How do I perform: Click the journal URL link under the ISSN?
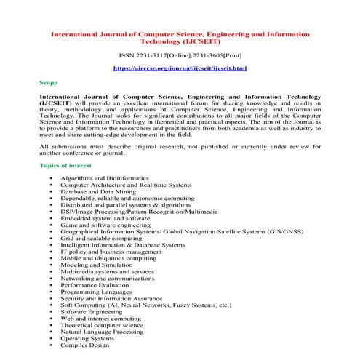coord(180,68)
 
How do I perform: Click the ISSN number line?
coord(180,55)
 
